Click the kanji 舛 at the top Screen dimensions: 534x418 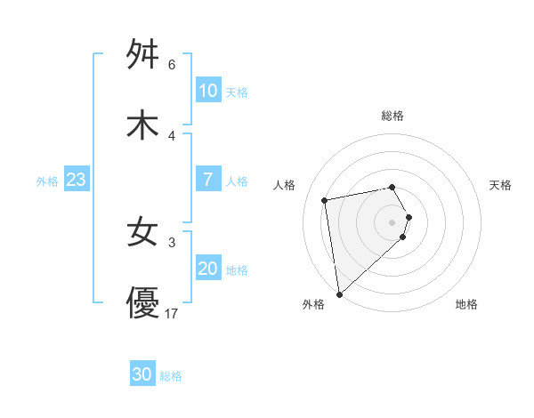[x=143, y=55]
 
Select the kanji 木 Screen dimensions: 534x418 [x=143, y=125]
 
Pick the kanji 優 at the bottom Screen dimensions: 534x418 [x=143, y=303]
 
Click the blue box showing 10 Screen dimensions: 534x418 [x=208, y=91]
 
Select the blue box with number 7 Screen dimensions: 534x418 [x=208, y=180]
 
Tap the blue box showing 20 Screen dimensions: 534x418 [x=208, y=269]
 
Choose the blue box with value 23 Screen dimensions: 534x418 [x=77, y=180]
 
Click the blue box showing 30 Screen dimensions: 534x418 [x=142, y=374]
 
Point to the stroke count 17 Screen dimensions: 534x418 [x=172, y=314]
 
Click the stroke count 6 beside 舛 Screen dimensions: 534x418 [x=172, y=65]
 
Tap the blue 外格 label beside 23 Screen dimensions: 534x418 [x=47, y=181]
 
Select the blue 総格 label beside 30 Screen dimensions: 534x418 [x=171, y=376]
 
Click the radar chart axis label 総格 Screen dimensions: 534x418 [x=392, y=116]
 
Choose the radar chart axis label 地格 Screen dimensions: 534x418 [x=466, y=304]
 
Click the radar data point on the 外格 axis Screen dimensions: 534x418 [x=338, y=293]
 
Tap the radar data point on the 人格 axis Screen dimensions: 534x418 [x=325, y=199]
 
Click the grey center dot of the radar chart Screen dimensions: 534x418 [x=392, y=221]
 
